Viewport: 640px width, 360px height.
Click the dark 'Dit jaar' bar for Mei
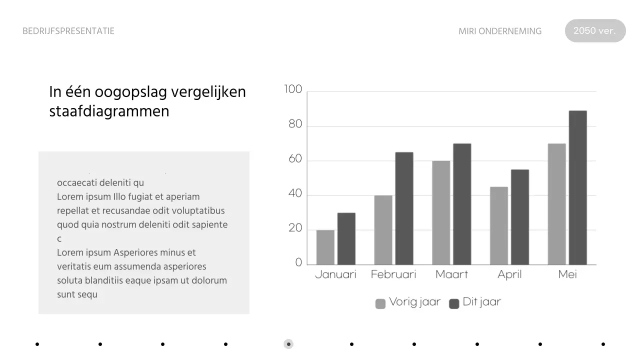(x=577, y=187)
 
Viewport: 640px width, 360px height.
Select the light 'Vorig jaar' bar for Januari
(x=325, y=247)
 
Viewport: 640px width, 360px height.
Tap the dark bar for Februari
(x=404, y=208)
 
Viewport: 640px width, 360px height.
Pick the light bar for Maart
(x=441, y=212)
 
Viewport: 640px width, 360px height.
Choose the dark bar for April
(x=519, y=217)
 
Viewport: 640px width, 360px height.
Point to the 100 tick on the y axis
(x=293, y=89)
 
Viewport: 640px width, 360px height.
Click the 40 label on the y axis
(x=295, y=194)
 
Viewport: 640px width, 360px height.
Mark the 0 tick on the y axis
(x=299, y=262)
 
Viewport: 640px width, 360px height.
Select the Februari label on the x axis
(x=393, y=274)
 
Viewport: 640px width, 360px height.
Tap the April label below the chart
(x=509, y=274)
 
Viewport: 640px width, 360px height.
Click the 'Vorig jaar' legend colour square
(x=380, y=303)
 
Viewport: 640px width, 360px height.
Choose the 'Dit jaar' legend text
(x=481, y=302)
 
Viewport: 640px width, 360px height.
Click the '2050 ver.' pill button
(x=595, y=30)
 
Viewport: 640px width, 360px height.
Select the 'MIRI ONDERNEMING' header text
(x=500, y=31)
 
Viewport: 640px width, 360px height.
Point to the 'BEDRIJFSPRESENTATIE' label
(x=68, y=31)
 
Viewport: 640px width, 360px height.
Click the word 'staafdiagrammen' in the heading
(x=109, y=111)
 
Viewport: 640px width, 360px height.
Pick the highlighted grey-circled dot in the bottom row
(x=288, y=344)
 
